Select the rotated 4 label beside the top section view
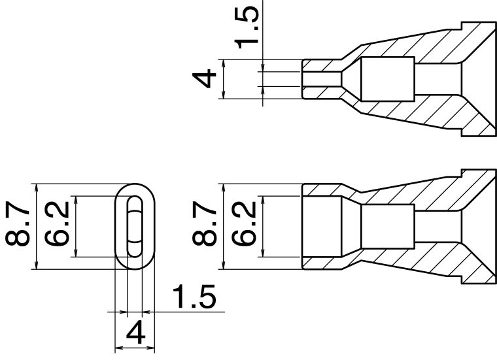(x=205, y=79)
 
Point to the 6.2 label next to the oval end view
(x=57, y=223)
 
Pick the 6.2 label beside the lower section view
(x=244, y=223)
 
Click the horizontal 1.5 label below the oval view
(x=195, y=297)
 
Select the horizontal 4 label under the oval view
(x=135, y=333)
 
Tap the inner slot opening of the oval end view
(x=135, y=227)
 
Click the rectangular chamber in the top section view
(x=388, y=79)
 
